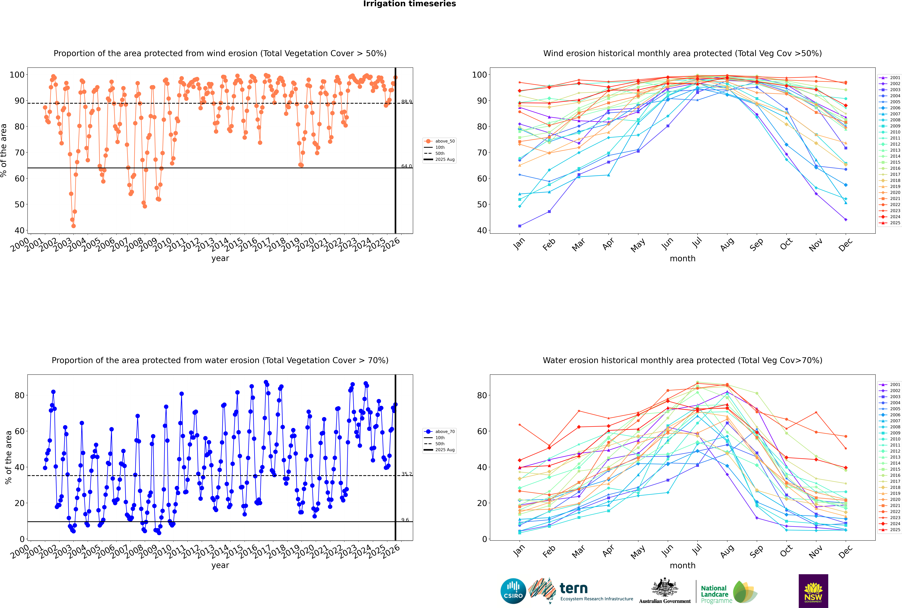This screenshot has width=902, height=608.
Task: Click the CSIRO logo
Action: pyautogui.click(x=513, y=591)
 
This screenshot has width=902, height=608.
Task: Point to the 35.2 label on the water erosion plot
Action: pyautogui.click(x=406, y=474)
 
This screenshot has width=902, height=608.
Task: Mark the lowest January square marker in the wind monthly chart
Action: pyautogui.click(x=520, y=226)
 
